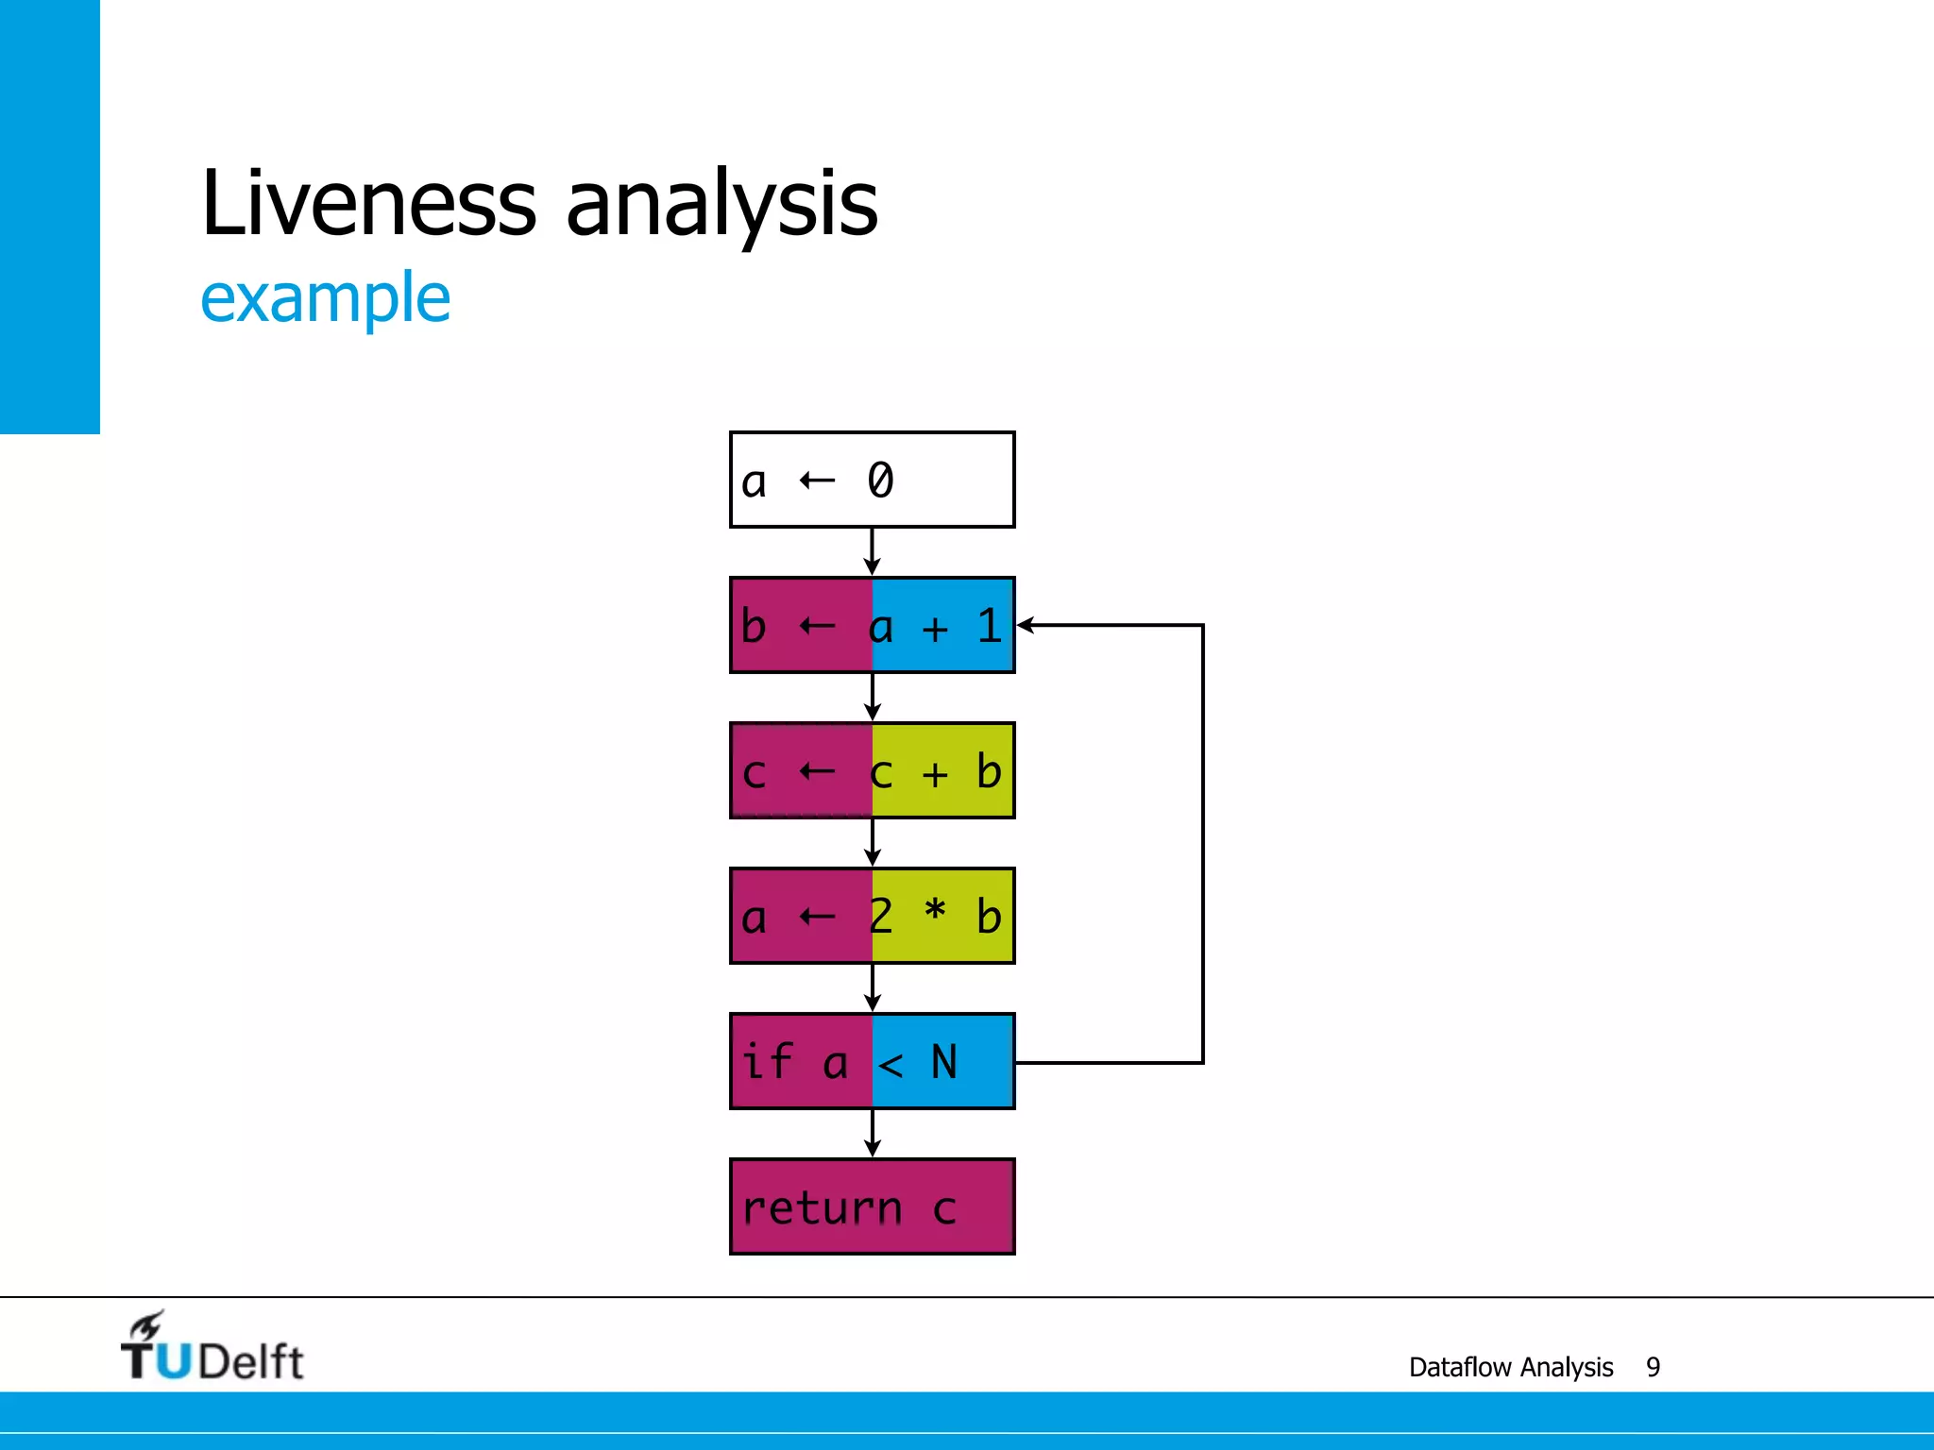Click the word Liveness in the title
click(x=368, y=203)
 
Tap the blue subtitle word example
click(x=326, y=298)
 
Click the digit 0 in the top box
click(x=880, y=480)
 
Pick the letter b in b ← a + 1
click(x=753, y=626)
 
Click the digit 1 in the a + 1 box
click(x=988, y=626)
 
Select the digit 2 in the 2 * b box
click(x=880, y=916)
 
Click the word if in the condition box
click(x=767, y=1061)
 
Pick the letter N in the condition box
click(x=943, y=1062)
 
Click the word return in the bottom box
click(x=822, y=1208)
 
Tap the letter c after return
click(x=944, y=1210)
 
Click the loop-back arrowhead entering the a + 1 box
click(x=1026, y=625)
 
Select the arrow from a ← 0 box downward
click(x=873, y=552)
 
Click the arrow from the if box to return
click(x=873, y=1134)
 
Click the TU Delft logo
click(x=212, y=1348)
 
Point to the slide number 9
click(x=1653, y=1367)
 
